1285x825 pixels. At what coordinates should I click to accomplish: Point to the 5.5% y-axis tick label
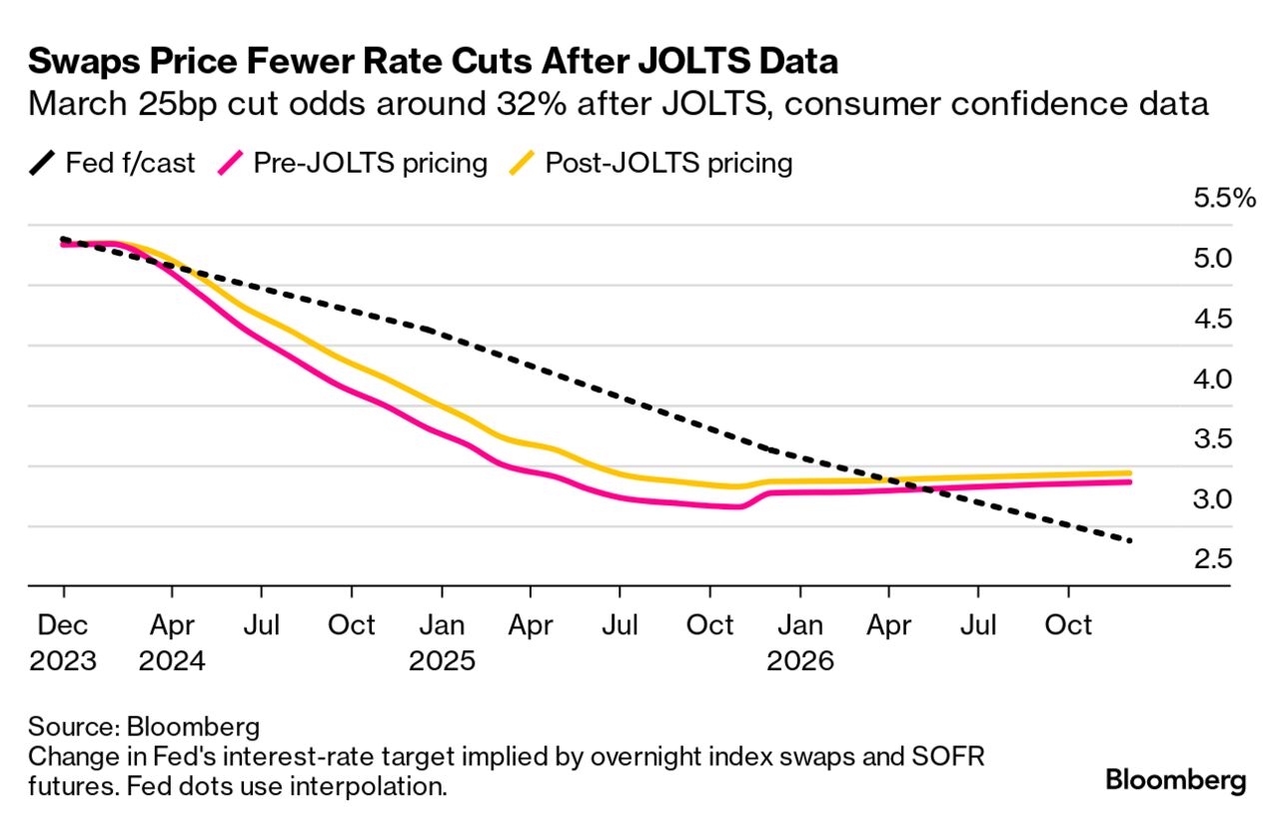[1224, 199]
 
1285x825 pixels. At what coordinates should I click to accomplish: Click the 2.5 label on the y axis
[1213, 559]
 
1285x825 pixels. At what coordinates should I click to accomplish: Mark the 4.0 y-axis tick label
[1213, 380]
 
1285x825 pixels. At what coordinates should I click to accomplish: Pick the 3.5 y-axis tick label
[1213, 439]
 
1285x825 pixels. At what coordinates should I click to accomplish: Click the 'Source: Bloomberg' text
[144, 724]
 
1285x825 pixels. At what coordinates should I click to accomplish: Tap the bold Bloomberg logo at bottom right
[1175, 780]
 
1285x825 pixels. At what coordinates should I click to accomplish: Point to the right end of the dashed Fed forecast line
[1130, 541]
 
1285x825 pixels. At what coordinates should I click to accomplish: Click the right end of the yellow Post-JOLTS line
[1130, 472]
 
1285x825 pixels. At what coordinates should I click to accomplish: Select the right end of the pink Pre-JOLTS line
[1130, 481]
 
